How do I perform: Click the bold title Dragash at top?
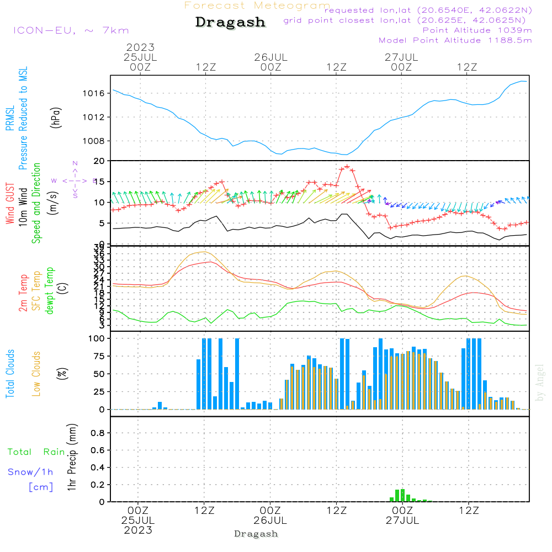(x=230, y=22)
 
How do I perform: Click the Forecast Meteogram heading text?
(x=257, y=6)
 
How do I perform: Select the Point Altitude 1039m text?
(x=477, y=30)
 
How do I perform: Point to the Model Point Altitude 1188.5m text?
(x=455, y=40)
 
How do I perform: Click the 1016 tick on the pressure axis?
(x=94, y=93)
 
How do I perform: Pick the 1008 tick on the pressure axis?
(x=94, y=141)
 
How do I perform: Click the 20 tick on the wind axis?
(x=100, y=161)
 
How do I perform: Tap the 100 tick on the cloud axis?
(x=98, y=338)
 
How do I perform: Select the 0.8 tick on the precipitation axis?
(x=98, y=433)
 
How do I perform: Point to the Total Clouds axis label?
(x=10, y=374)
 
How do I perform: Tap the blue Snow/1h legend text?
(x=31, y=472)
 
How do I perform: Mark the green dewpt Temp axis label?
(x=50, y=291)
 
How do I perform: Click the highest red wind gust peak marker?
(x=347, y=166)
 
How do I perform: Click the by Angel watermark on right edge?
(x=540, y=383)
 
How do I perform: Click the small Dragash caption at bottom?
(x=256, y=534)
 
